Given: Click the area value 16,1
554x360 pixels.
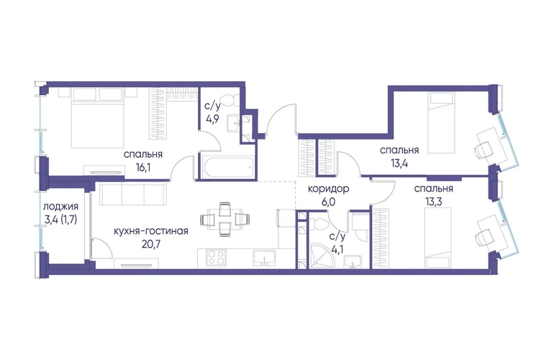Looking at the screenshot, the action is (143, 167).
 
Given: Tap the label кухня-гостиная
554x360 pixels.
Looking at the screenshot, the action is (151, 231).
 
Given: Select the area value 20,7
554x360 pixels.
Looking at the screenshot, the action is (151, 243).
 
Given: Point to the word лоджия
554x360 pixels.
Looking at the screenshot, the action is (60, 207).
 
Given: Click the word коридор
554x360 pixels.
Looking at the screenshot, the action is (329, 189).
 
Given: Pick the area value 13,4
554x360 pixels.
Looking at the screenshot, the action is (399, 163).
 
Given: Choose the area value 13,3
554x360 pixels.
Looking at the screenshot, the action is (434, 202).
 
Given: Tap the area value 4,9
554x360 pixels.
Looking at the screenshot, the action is (213, 118).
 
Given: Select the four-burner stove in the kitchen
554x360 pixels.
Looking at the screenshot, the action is (215, 257).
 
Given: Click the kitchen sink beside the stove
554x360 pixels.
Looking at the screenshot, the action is (265, 257).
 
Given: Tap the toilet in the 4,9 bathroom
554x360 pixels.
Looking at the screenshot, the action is (227, 100).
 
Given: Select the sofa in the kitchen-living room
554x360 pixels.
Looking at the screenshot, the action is (133, 194).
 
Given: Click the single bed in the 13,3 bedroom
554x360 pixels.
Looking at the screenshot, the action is (438, 238).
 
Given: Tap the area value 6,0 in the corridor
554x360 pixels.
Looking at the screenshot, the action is (329, 202).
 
